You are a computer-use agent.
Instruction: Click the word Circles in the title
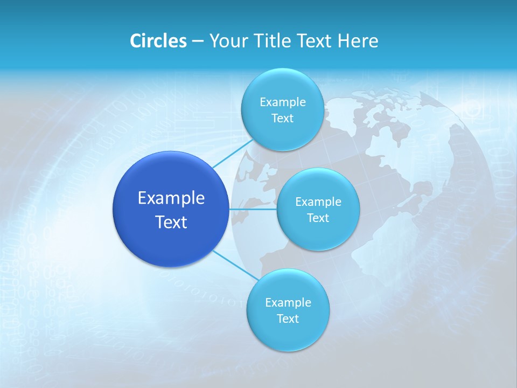click(x=158, y=41)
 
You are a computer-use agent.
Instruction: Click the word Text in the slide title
click(x=316, y=41)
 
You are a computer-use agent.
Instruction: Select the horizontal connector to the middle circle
click(x=253, y=209)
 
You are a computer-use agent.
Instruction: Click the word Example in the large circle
click(x=171, y=198)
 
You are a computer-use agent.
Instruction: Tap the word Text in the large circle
click(x=171, y=222)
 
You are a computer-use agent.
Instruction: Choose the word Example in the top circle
click(x=282, y=102)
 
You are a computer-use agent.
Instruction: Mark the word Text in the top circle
click(x=282, y=119)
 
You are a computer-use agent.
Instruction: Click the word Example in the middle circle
click(x=318, y=202)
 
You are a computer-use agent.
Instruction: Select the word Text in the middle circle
click(x=318, y=218)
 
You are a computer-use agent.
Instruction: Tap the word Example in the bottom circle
click(x=288, y=303)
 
